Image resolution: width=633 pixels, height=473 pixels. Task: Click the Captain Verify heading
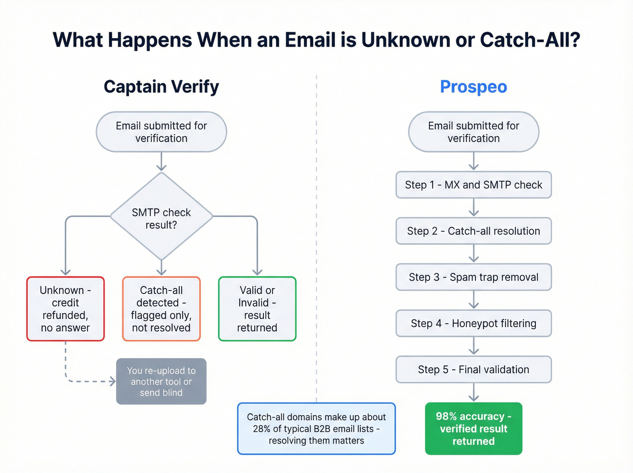coord(161,86)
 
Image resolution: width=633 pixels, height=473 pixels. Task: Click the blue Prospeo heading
coord(473,86)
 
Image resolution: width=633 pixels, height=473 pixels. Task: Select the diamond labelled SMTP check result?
coord(161,217)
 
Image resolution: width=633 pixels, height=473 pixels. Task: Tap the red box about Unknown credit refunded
coord(66,309)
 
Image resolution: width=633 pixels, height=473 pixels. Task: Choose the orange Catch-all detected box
coord(161,309)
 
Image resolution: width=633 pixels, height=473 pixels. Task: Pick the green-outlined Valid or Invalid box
coord(257,309)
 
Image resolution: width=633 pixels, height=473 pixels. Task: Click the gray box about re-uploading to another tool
coord(161,381)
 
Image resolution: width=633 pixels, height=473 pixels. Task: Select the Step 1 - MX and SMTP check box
coord(473,185)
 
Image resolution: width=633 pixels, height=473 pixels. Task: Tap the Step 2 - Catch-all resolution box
coord(473,231)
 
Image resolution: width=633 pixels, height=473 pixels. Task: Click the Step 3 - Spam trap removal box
coord(473,277)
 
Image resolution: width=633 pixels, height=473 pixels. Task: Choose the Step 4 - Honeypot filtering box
coord(473,323)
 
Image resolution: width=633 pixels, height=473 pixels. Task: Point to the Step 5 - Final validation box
coord(473,369)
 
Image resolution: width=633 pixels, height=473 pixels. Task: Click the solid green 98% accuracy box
coord(473,428)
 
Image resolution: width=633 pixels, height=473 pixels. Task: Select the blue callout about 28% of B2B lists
coord(316,428)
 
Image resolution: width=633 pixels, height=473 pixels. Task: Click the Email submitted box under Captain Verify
coord(161,132)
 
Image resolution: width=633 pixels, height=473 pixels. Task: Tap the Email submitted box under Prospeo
coord(473,132)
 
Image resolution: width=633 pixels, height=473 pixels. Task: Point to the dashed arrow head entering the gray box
coord(113,382)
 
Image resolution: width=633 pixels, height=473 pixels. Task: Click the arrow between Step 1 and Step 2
coord(473,208)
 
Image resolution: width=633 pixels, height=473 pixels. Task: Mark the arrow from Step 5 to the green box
coord(473,393)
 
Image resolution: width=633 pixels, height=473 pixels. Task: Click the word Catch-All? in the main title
coord(530,40)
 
